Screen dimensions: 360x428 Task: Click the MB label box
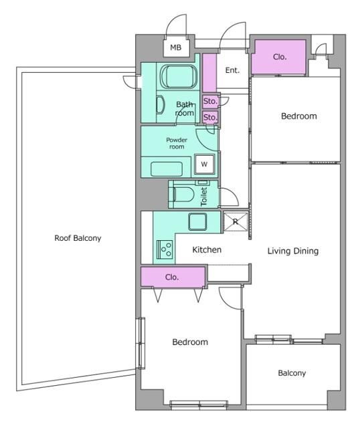pyautogui.click(x=176, y=47)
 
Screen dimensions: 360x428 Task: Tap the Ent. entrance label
pyautogui.click(x=232, y=70)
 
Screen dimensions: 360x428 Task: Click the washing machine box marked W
pyautogui.click(x=204, y=164)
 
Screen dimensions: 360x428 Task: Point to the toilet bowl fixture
pyautogui.click(x=182, y=195)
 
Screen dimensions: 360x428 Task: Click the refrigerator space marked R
pyautogui.click(x=236, y=221)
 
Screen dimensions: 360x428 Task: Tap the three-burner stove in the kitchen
pyautogui.click(x=165, y=249)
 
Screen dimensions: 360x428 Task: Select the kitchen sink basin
pyautogui.click(x=197, y=221)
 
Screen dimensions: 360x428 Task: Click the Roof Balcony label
pyautogui.click(x=78, y=238)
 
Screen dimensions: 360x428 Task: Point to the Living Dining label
pyautogui.click(x=293, y=251)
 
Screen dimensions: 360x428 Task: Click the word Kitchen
pyautogui.click(x=207, y=249)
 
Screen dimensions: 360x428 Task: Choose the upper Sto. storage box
pyautogui.click(x=210, y=101)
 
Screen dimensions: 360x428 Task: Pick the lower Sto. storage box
pyautogui.click(x=210, y=118)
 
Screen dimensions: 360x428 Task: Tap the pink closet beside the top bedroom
pyautogui.click(x=278, y=57)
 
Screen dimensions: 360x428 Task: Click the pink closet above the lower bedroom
pyautogui.click(x=173, y=277)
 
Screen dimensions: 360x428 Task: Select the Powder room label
pyautogui.click(x=177, y=143)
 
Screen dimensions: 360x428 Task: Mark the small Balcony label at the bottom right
pyautogui.click(x=292, y=373)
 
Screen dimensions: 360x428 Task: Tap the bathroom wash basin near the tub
pyautogui.click(x=161, y=105)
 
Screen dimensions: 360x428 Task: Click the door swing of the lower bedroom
pyautogui.click(x=230, y=298)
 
